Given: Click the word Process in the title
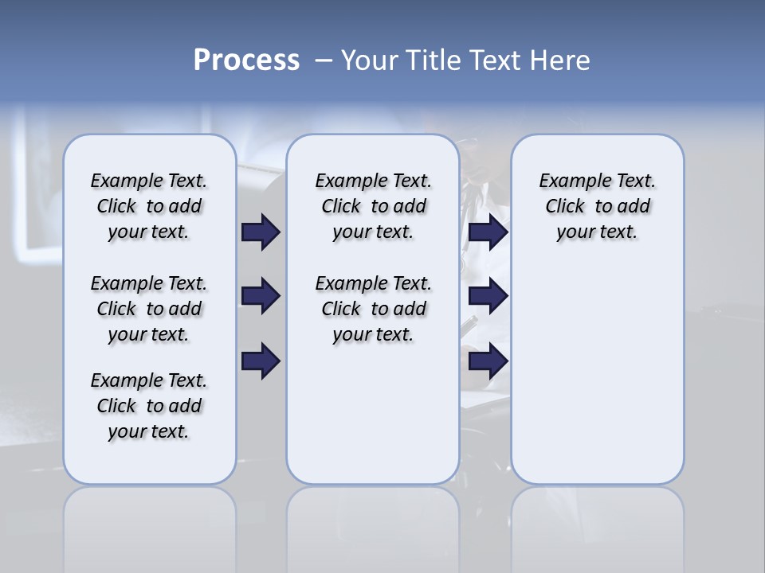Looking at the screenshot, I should click(246, 60).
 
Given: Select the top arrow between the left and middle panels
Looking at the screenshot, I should click(261, 232).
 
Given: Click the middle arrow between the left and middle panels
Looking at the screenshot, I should click(261, 297).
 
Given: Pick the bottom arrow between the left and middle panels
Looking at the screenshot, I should click(261, 361).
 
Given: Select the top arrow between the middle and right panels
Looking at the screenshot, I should click(488, 232).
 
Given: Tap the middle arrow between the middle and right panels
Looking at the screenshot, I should click(488, 297).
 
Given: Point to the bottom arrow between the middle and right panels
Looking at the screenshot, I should click(488, 361).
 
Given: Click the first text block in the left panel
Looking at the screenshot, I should click(149, 206).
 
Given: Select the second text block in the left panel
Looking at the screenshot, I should click(149, 309).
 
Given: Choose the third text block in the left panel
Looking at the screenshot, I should click(149, 406).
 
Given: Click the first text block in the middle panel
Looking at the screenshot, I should click(373, 206).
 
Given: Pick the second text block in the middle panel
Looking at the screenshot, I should click(373, 309).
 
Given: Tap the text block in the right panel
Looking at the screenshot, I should click(597, 206).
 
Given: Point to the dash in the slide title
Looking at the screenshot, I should click(324, 60).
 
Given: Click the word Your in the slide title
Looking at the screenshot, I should click(370, 60).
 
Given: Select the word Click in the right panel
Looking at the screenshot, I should click(565, 207).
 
